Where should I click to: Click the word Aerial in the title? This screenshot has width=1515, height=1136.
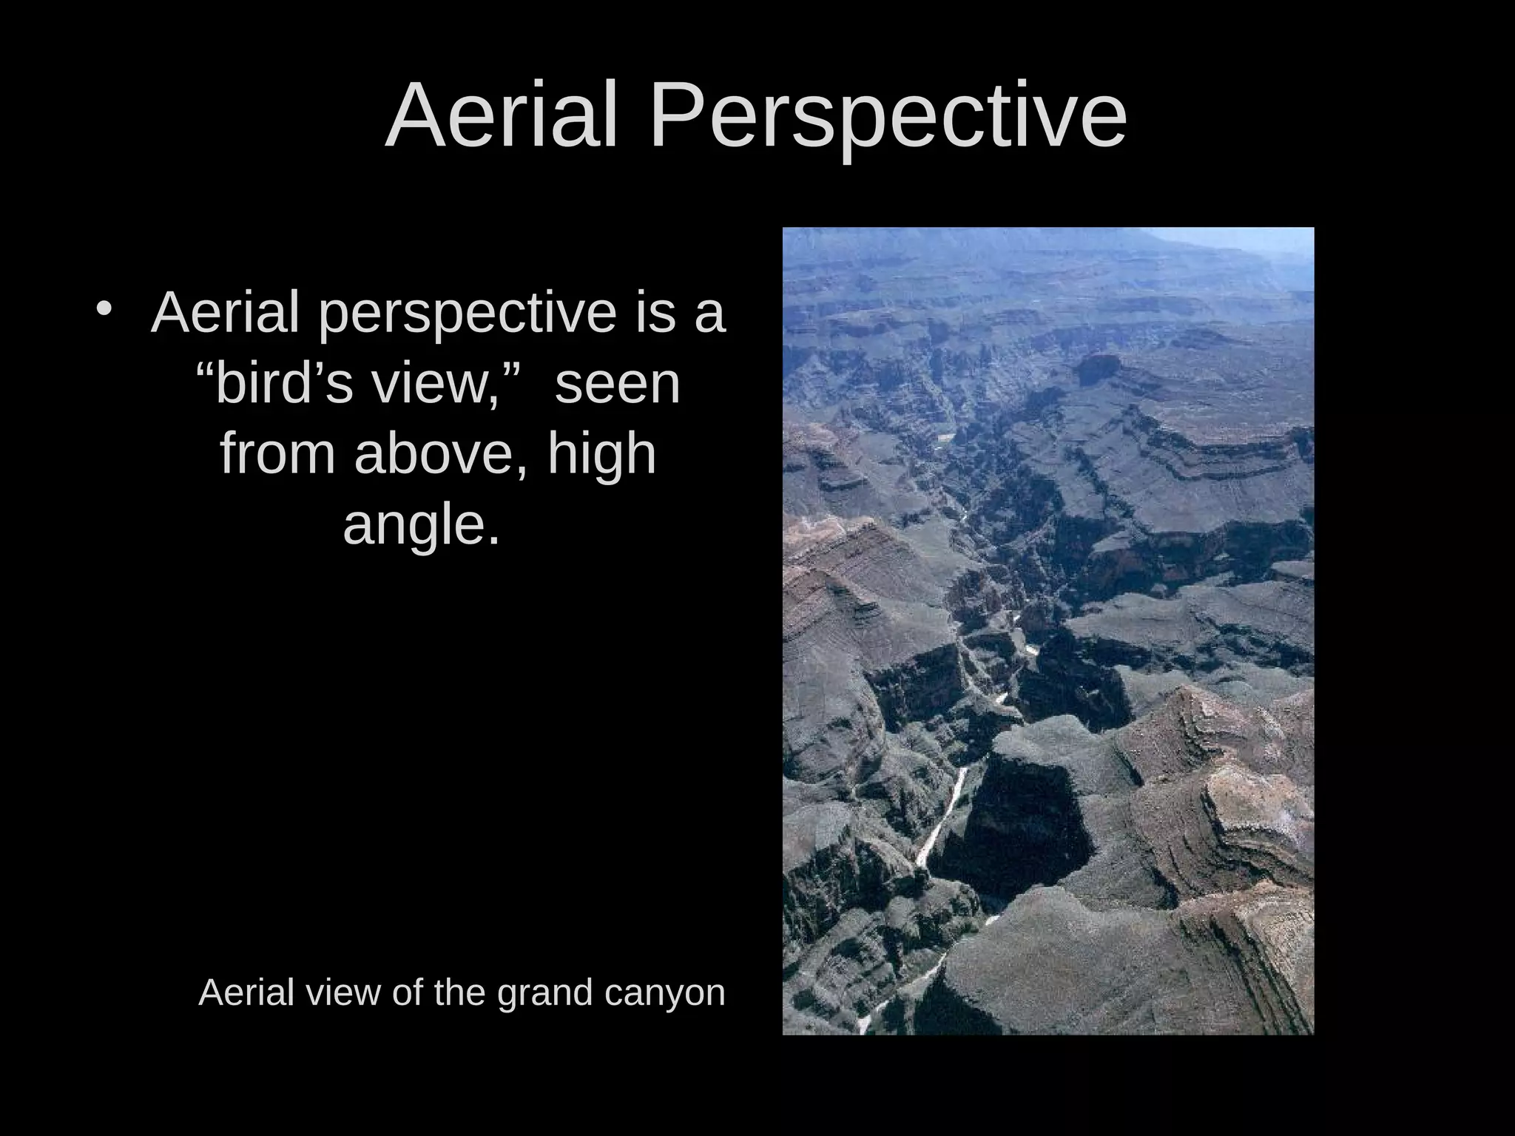coord(501,116)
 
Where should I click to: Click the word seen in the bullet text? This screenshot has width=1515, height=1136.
coord(617,385)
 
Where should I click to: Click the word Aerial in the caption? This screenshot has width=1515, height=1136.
coord(246,992)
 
